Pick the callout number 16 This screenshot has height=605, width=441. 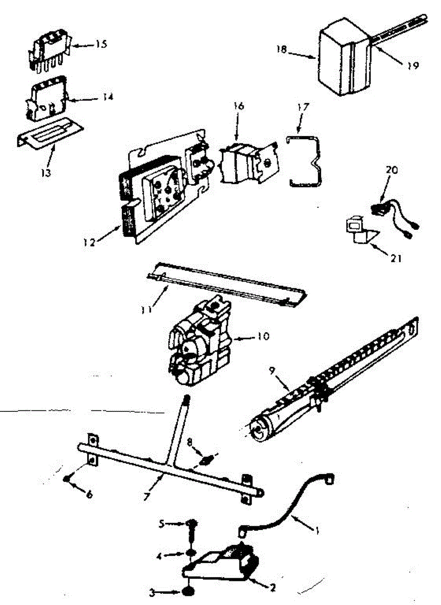(238, 107)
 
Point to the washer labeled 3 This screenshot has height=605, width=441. (188, 591)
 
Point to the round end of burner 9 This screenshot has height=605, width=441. (260, 430)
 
